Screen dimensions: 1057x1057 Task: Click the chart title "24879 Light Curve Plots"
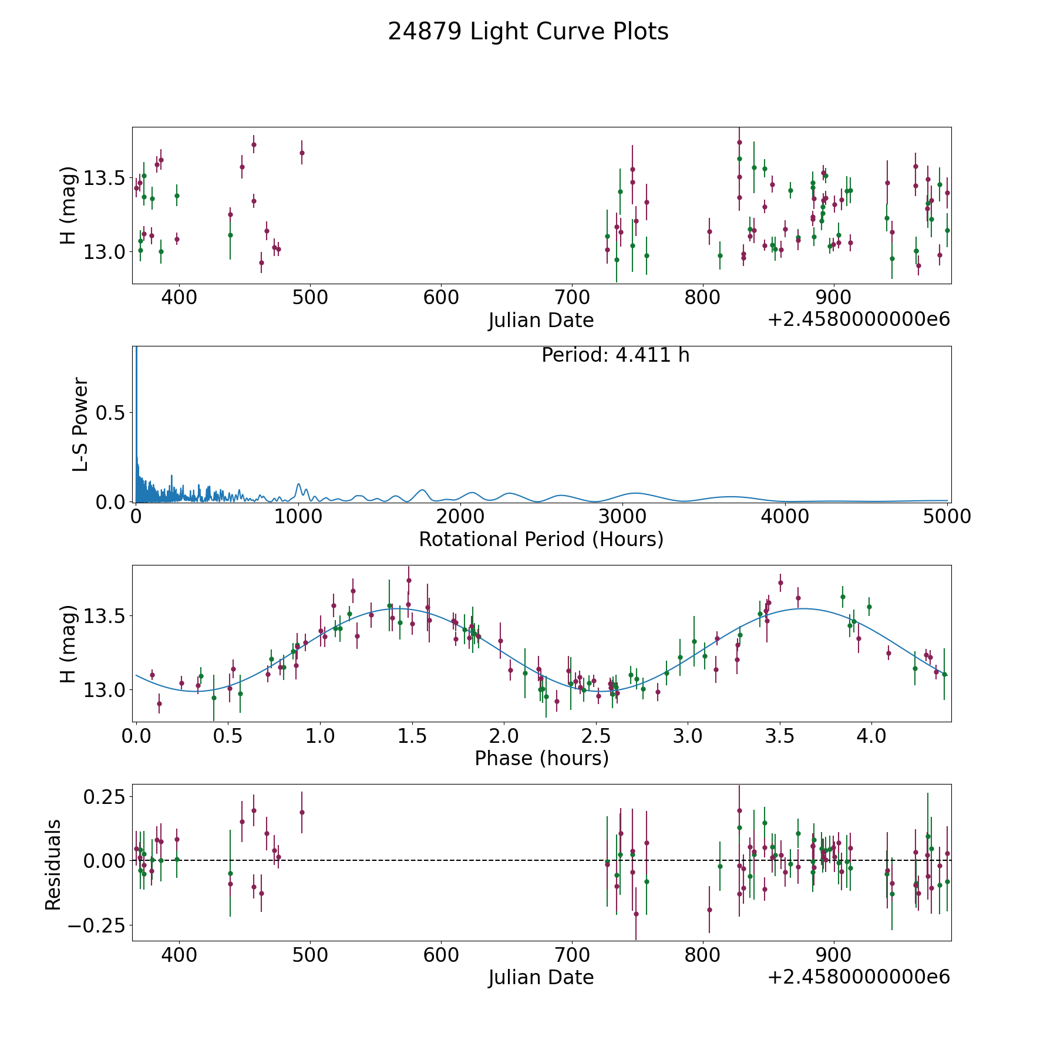point(528,32)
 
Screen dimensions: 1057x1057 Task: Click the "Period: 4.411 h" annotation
point(615,355)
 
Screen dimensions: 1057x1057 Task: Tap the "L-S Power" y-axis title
point(80,424)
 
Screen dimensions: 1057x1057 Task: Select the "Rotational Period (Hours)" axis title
point(541,539)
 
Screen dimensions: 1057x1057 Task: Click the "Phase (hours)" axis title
point(541,758)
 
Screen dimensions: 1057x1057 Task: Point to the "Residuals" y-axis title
point(53,864)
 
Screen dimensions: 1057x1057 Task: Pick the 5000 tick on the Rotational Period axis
point(947,517)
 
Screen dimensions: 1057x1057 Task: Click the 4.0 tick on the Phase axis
point(871,736)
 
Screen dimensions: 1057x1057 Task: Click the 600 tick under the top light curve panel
point(441,298)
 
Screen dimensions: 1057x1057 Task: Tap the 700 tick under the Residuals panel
point(572,955)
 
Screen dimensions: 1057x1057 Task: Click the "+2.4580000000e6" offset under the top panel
point(859,319)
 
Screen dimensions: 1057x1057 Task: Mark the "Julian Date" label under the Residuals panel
point(541,977)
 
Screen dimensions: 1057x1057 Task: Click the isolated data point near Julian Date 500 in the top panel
point(302,153)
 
